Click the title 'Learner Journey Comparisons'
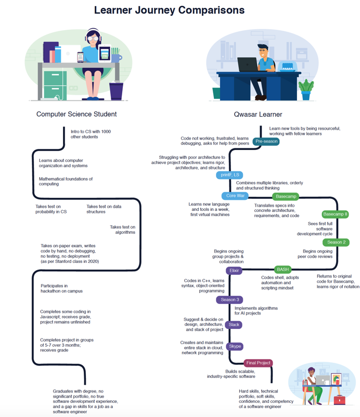tap(169, 10)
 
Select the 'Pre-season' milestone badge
tap(266, 141)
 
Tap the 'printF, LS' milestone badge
tap(229, 175)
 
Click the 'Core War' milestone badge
tap(235, 196)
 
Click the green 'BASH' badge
tap(283, 270)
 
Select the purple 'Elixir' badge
tap(234, 271)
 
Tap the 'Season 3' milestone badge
tap(230, 300)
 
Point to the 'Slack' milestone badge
tap(234, 325)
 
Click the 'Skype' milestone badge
tap(235, 346)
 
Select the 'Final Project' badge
tap(258, 363)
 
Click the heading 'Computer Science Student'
tap(76, 114)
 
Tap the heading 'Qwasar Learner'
tap(258, 114)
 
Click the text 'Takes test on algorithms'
tap(122, 230)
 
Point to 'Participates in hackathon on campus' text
tap(61, 288)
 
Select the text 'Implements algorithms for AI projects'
tap(256, 311)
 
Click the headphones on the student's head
tap(93, 34)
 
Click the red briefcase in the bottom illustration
tap(339, 400)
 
